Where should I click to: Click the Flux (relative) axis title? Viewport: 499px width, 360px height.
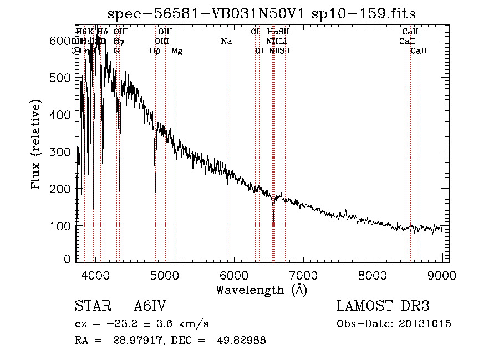37,146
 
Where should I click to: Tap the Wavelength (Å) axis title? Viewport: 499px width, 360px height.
261,290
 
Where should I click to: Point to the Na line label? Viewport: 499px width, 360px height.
226,41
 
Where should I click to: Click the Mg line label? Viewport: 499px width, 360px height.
176,51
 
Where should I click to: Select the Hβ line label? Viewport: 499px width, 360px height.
155,51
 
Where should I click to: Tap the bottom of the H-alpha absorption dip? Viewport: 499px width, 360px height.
273,220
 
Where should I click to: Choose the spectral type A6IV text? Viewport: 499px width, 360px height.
150,306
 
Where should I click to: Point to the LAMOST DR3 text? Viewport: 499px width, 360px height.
383,306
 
